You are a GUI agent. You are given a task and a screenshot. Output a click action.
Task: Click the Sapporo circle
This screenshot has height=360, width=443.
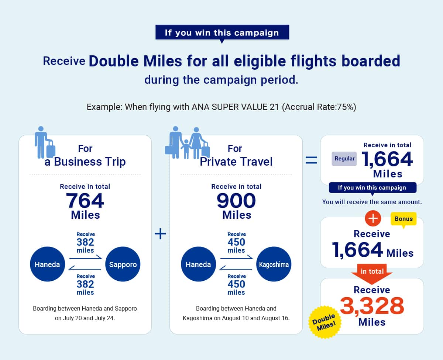[123, 264]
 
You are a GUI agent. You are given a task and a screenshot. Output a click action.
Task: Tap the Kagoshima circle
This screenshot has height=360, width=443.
[274, 264]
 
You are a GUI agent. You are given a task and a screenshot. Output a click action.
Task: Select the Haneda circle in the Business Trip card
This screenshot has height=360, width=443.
[47, 264]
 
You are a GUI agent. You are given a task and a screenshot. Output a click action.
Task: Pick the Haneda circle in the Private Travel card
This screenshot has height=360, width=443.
[198, 264]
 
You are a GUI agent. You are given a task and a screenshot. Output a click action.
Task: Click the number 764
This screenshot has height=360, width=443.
[85, 201]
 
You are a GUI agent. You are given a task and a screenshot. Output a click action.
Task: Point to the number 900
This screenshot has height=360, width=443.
[236, 201]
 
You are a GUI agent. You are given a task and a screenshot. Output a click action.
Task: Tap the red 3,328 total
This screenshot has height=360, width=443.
[372, 306]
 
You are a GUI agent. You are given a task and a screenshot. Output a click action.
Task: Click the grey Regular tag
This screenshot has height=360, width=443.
[344, 159]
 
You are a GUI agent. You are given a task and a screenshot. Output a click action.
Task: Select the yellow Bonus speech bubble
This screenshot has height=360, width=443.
[403, 219]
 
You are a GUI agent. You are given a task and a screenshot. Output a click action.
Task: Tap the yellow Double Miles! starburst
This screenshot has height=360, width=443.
[324, 322]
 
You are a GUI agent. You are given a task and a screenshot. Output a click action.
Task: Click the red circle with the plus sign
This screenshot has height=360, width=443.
[373, 218]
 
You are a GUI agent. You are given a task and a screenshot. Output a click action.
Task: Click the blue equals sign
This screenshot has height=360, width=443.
[311, 160]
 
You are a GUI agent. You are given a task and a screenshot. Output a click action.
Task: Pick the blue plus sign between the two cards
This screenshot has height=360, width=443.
[160, 234]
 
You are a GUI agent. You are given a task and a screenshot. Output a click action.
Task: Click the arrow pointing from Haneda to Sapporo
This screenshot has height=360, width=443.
[86, 257]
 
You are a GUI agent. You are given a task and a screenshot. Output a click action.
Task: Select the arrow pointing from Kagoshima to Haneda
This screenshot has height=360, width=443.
[236, 268]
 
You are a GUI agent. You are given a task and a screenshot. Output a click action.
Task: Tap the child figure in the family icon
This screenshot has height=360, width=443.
[186, 149]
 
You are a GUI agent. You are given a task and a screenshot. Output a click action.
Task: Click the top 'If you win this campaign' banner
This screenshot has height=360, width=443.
[222, 33]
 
